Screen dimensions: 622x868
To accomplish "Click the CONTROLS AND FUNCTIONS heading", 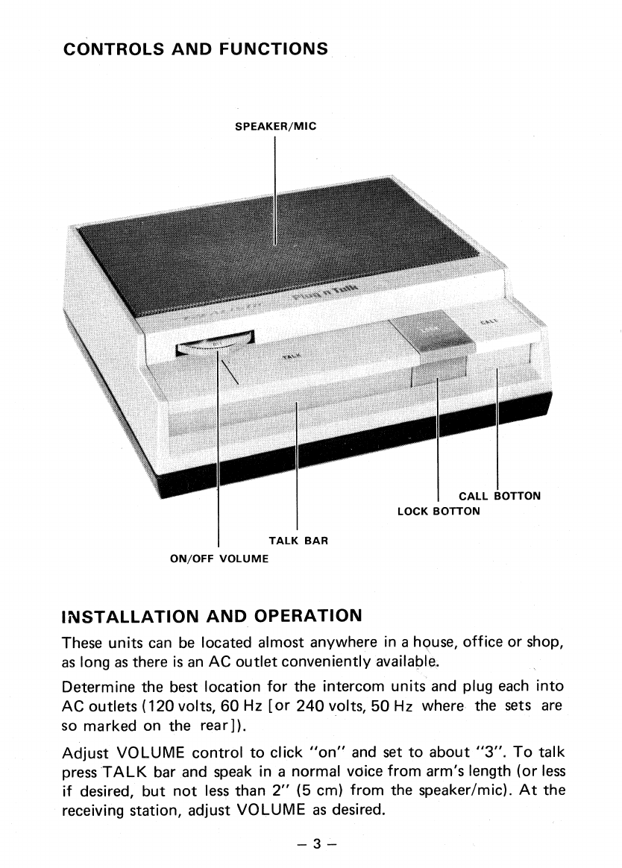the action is pos(195,49).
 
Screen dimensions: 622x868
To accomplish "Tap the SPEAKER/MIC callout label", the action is pos(275,126).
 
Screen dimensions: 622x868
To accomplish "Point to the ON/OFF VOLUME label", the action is pos(219,557).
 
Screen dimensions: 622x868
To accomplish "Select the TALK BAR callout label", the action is pos(298,540).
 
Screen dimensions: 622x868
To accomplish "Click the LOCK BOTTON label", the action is pos(439,512).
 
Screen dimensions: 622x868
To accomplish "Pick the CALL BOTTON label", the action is pos(499,496).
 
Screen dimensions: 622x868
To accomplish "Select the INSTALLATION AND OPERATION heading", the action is pos(212,616).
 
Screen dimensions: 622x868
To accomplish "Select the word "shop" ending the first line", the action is pos(542,642).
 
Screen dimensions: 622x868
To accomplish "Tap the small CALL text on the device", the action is pos(488,321).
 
